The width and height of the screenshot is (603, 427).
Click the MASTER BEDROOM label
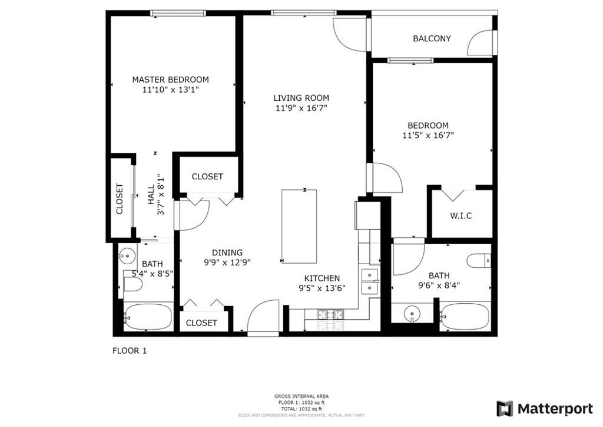(170, 80)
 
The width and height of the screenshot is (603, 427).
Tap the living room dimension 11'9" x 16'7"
(301, 108)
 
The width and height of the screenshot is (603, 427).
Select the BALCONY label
(432, 38)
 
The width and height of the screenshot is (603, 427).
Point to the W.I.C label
(460, 216)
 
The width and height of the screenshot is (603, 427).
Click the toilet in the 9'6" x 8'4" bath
(479, 261)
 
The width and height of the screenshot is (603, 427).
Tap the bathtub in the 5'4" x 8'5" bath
(148, 317)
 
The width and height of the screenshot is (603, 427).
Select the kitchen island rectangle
(299, 226)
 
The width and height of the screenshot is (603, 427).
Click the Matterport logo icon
(505, 409)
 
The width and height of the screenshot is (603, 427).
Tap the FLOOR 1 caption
(130, 351)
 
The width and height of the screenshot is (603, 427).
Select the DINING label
(227, 252)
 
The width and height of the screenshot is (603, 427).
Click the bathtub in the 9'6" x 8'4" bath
(465, 317)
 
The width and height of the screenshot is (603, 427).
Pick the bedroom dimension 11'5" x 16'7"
(428, 135)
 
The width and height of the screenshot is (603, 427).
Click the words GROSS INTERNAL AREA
(301, 396)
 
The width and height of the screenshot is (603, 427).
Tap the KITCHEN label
(322, 278)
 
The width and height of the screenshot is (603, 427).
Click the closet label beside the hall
(120, 199)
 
